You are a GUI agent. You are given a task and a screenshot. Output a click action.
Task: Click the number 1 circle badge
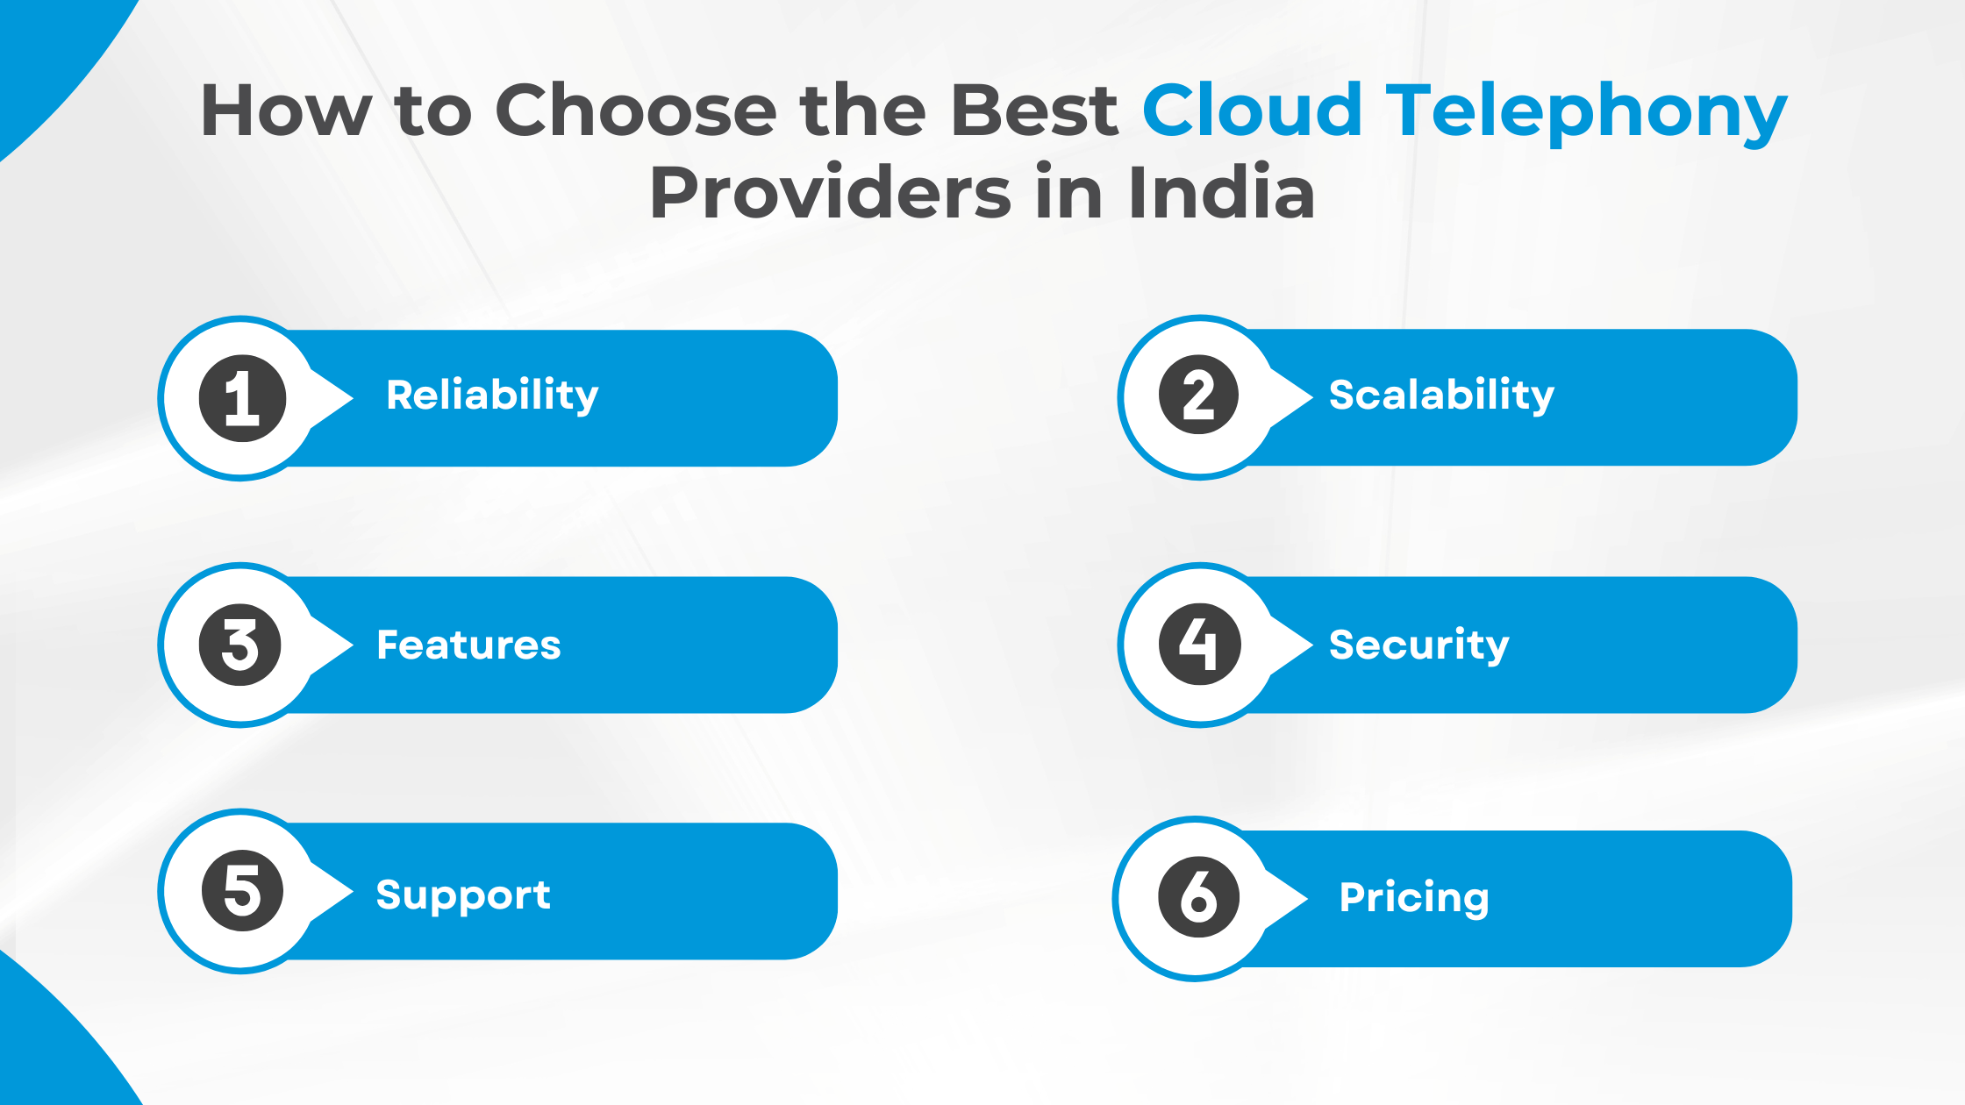pyautogui.click(x=242, y=398)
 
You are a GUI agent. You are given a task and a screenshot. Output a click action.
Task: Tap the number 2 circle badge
pyautogui.click(x=1199, y=396)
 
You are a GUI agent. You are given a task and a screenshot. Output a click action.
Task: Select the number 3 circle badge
pyautogui.click(x=240, y=645)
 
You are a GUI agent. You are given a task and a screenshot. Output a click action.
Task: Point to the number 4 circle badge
pyautogui.click(x=1199, y=645)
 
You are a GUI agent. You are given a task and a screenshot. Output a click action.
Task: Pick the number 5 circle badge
pyautogui.click(x=242, y=891)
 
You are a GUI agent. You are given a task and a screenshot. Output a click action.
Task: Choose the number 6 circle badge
pyautogui.click(x=1198, y=897)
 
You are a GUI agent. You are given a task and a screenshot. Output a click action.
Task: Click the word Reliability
pyautogui.click(x=492, y=396)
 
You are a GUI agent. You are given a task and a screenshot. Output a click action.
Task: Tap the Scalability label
pyautogui.click(x=1441, y=396)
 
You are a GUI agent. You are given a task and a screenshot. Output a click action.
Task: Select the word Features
pyautogui.click(x=468, y=645)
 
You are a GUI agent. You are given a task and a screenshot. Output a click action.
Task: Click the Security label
pyautogui.click(x=1418, y=645)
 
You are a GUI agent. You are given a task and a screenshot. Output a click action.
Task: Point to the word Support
pyautogui.click(x=463, y=895)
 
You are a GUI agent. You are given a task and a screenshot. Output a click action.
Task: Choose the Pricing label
pyautogui.click(x=1414, y=898)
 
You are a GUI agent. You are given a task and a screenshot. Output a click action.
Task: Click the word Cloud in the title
pyautogui.click(x=1252, y=111)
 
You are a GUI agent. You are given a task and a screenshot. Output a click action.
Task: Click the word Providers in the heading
pyautogui.click(x=831, y=193)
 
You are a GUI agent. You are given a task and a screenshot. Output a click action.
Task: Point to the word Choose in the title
pyautogui.click(x=636, y=111)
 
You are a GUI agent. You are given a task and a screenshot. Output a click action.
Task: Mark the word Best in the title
pyautogui.click(x=1034, y=111)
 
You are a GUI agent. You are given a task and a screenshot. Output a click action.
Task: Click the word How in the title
pyautogui.click(x=286, y=111)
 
